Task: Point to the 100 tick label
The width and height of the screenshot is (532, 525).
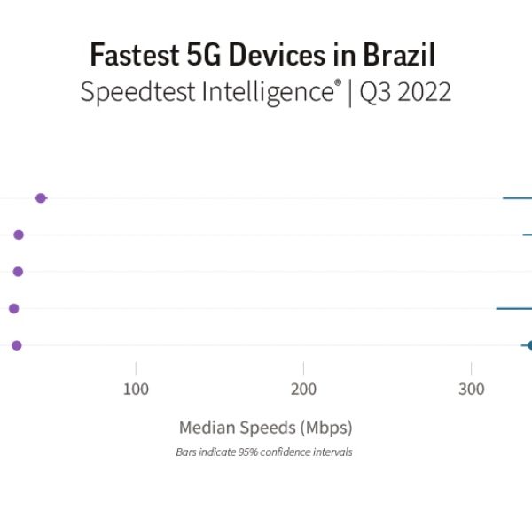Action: coord(136,390)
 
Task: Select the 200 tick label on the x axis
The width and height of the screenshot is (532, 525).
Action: coord(303,390)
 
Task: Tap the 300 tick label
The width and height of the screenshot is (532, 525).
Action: coord(471,390)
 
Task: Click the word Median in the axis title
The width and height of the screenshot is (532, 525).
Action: coord(209,428)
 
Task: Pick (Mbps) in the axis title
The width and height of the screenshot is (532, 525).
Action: coord(326,428)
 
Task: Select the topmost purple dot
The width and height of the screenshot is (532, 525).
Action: coord(40,197)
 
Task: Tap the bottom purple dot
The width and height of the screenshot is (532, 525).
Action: coord(16,345)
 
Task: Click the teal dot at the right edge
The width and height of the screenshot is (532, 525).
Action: coord(529,345)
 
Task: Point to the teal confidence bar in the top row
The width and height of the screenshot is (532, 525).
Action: coord(518,197)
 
